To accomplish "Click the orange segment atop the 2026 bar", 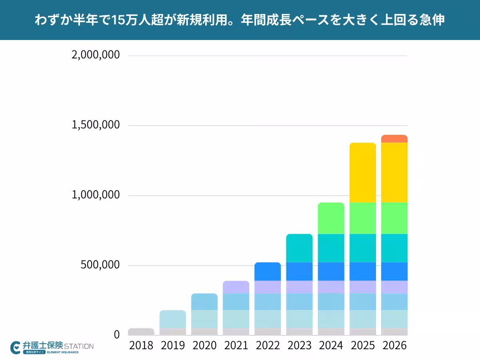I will (394, 139).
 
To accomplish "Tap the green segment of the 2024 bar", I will (331, 218).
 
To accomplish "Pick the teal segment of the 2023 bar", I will (299, 248).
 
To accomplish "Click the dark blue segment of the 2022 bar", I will (268, 272).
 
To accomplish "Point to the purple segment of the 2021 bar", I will (236, 287).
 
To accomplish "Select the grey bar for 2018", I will (141, 332).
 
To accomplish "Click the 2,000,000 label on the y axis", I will (96, 55).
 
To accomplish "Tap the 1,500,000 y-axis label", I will (96, 125).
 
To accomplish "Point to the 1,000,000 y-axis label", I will (96, 195).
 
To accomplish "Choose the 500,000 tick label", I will (101, 265).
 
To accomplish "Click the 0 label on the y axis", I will (117, 334).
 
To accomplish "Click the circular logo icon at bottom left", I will (16, 347).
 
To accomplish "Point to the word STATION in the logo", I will (79, 346).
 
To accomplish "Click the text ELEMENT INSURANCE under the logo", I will (63, 352).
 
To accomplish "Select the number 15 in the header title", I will (118, 20).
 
